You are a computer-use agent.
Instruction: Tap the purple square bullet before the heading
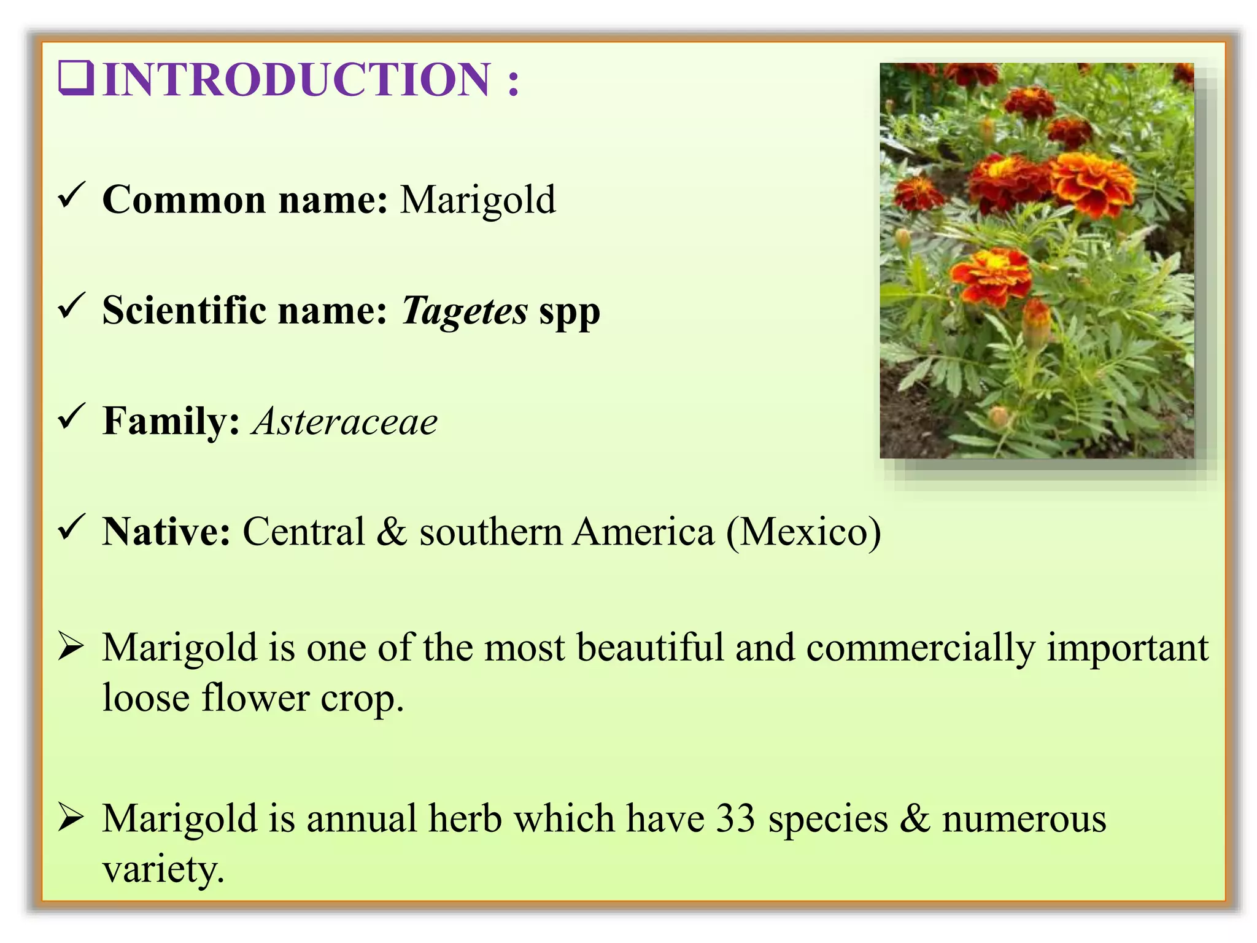point(75,79)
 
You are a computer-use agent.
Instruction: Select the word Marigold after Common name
point(478,200)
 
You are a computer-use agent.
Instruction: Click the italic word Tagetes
point(464,311)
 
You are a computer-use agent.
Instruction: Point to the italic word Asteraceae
point(344,422)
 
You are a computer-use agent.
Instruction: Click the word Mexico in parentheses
point(804,532)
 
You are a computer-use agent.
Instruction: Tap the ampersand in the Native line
point(392,532)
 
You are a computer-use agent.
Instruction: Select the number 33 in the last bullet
point(735,819)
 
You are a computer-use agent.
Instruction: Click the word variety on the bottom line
point(163,869)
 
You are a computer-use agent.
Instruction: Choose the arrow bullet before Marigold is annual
point(71,818)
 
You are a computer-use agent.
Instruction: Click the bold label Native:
point(166,532)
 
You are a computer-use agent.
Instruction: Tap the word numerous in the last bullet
point(1024,819)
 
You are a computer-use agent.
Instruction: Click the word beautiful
point(650,648)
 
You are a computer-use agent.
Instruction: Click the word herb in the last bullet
point(465,819)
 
